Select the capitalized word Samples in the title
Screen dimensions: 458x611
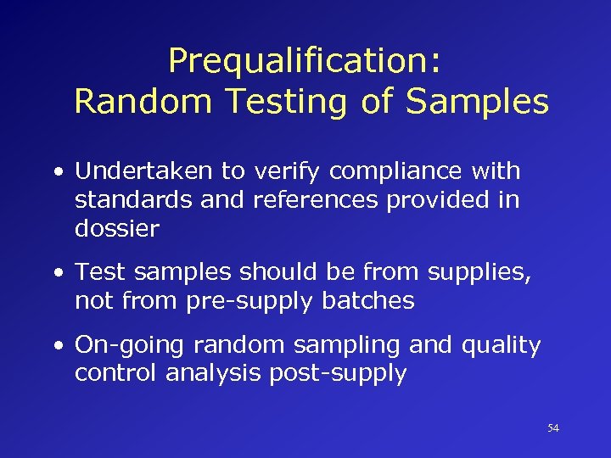(477, 102)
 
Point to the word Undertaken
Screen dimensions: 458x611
(144, 171)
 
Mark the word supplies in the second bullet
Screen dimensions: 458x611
(475, 273)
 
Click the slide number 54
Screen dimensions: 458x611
(553, 429)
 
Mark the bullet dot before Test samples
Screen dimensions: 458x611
(58, 273)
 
